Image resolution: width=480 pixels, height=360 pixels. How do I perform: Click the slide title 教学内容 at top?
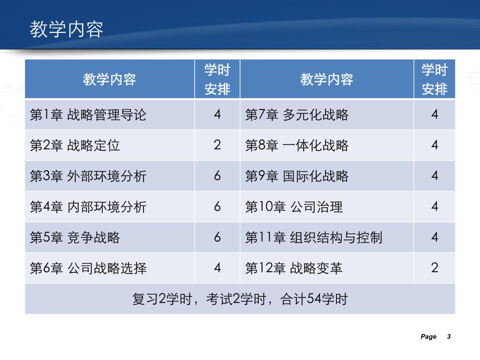(x=66, y=29)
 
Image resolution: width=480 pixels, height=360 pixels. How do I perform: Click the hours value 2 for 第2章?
(x=217, y=145)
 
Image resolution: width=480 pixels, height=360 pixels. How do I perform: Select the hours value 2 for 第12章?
(x=435, y=268)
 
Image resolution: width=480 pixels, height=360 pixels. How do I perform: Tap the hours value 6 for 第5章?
(x=217, y=237)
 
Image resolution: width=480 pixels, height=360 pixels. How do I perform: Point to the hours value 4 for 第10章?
(x=435, y=207)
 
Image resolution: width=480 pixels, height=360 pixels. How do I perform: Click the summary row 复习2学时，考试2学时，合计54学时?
(x=240, y=299)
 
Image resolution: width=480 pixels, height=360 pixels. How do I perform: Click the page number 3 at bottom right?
(x=448, y=337)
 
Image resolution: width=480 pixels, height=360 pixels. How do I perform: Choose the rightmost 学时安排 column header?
(x=435, y=79)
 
